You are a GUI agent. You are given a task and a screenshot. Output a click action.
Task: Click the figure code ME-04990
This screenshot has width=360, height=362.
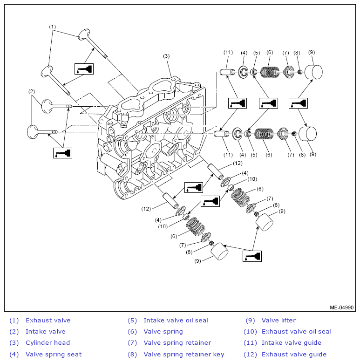pos(341,307)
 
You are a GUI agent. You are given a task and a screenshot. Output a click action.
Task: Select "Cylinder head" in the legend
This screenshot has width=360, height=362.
pos(48,342)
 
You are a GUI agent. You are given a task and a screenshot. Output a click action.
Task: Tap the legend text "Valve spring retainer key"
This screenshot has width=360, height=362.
pos(184,354)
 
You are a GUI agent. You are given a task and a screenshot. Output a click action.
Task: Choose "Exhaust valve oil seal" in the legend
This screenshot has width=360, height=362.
pos(297,332)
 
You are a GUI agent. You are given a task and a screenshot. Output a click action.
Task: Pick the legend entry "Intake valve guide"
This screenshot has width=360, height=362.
pos(291,342)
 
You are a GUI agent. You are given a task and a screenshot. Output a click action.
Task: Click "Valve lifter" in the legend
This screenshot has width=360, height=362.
pos(278,320)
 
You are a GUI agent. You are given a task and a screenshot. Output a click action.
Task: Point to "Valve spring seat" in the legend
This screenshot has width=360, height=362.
pos(54,354)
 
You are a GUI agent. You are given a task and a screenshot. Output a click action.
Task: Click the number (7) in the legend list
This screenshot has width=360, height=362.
pos(132,343)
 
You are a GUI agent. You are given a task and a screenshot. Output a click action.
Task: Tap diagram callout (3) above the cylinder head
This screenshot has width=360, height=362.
pos(166,56)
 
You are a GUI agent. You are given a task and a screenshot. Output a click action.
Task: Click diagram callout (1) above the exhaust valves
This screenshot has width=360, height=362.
pos(52,27)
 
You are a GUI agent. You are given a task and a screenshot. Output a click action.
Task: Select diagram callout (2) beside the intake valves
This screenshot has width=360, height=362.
pos(32,91)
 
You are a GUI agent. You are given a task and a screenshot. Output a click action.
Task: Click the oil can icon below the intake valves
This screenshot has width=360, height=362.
pos(62,153)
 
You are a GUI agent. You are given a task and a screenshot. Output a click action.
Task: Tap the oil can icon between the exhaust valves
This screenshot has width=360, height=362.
pos(84,69)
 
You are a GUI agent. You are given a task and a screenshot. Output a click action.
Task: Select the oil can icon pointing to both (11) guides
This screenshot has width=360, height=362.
pos(238,103)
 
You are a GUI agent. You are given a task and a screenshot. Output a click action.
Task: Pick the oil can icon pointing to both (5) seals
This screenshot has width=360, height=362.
pos(268,103)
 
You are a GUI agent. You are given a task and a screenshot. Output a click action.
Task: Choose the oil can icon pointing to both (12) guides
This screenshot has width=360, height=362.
pos(194,187)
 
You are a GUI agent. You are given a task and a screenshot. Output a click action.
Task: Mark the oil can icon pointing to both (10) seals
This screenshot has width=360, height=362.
pos(210,201)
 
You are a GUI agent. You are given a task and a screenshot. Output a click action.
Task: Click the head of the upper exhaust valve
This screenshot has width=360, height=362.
pos(84,34)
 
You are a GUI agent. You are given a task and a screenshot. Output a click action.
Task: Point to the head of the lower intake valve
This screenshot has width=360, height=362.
pos(33,132)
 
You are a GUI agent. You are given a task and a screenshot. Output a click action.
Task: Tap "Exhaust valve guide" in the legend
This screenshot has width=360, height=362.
pos(294,354)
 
